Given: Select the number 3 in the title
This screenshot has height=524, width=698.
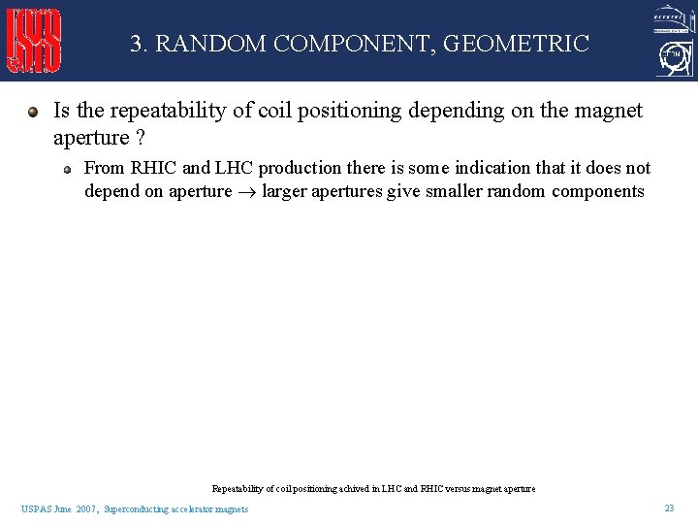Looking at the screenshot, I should click(137, 44).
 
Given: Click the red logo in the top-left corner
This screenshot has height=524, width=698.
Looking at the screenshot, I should click(34, 41).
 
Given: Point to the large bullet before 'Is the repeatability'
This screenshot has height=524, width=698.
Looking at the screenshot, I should click(33, 111).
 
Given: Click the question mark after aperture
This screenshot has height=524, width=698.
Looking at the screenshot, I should click(142, 138).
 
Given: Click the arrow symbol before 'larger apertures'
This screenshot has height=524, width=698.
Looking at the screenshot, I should click(246, 192).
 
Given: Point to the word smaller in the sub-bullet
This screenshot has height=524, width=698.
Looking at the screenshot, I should click(453, 191).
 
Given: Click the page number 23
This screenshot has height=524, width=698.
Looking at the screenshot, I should click(669, 508).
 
